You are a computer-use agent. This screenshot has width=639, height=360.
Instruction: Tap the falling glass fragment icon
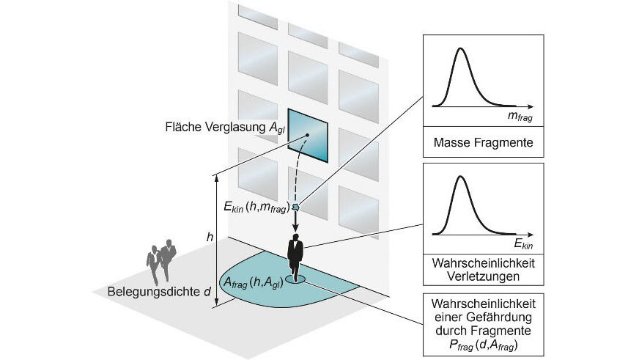click(295, 207)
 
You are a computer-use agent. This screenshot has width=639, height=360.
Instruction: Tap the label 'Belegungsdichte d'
click(160, 292)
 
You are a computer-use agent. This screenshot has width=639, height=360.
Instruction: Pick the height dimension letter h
click(210, 237)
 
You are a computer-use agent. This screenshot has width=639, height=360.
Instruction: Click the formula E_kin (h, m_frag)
click(257, 207)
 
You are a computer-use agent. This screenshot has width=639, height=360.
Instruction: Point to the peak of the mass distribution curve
click(461, 51)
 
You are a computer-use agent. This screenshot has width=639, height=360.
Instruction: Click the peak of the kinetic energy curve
click(461, 178)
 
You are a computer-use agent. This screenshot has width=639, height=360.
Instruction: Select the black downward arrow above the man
click(295, 223)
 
